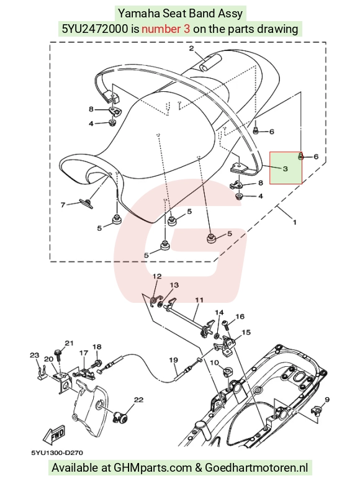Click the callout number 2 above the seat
192,48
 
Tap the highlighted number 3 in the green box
285,168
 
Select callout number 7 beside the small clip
63,205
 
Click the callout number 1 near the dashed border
295,222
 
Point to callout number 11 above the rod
199,300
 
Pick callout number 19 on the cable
173,359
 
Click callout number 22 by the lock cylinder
138,400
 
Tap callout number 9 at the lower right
327,400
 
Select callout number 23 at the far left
34,355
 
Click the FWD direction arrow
54,434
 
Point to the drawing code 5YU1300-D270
57,453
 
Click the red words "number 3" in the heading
166,29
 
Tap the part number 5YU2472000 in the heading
95,29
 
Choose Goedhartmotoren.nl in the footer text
256,468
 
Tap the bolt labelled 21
58,355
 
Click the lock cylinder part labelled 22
120,416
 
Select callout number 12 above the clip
157,276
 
